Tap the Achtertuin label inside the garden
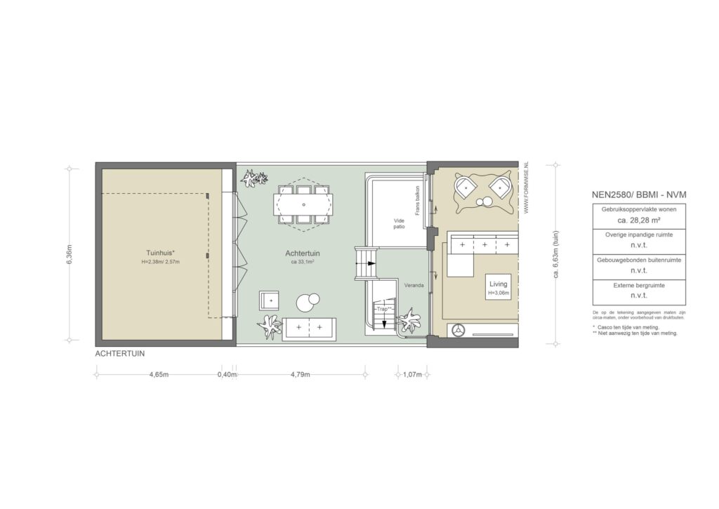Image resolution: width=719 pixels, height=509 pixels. (300, 253)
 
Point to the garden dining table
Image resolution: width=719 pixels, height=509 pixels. (303, 204)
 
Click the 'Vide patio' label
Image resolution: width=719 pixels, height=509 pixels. (400, 223)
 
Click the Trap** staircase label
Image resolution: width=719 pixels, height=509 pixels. (383, 309)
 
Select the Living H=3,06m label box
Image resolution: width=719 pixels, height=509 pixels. (498, 287)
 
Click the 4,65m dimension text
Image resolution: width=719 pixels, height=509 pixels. (159, 374)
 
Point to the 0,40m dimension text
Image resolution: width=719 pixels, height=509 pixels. (227, 374)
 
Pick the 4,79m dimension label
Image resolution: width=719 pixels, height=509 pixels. (299, 374)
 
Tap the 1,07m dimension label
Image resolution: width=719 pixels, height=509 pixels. (411, 374)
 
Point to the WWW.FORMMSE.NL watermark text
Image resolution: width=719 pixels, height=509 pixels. (526, 186)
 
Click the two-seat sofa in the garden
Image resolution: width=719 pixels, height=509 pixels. (309, 328)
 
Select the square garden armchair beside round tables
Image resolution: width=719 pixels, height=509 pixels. (269, 300)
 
